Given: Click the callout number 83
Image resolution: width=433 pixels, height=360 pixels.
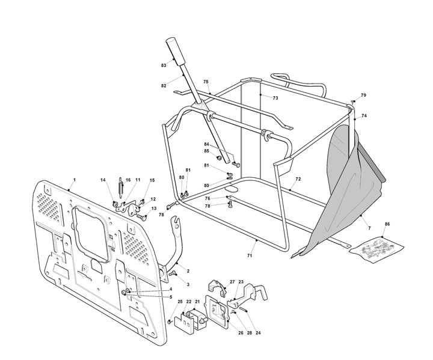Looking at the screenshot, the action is coord(164,66).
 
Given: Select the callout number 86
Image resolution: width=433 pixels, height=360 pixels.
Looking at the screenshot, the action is coord(387,224).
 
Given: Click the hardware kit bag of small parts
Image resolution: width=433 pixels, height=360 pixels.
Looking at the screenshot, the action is coord(376,249).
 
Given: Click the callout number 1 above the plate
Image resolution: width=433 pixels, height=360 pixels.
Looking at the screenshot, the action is coord(74,180).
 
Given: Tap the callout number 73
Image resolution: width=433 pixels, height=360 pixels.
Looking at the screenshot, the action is coord(275,98).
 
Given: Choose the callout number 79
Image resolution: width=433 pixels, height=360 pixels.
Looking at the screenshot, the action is coord(363,95).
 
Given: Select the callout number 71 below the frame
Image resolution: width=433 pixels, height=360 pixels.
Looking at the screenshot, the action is coord(250,256).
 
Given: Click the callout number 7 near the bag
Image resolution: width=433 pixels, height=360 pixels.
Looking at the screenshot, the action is coord(369,228).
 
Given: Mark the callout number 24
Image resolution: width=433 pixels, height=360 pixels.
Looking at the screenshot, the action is coord(258,333).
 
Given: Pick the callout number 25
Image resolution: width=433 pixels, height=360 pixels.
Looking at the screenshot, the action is coord(180,302).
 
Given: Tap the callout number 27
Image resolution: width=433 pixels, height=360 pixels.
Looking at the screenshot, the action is coord(232,282).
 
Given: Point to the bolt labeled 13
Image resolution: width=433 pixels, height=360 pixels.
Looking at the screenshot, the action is coord(142,217).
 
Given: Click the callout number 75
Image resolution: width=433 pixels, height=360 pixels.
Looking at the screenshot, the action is coord(206,82).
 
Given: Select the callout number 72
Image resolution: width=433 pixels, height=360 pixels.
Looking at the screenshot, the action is coord(298,179).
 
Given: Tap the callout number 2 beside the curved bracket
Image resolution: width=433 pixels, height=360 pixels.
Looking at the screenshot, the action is coord(188,271).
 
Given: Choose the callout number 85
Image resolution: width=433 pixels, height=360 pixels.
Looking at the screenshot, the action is coord(206,151).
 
